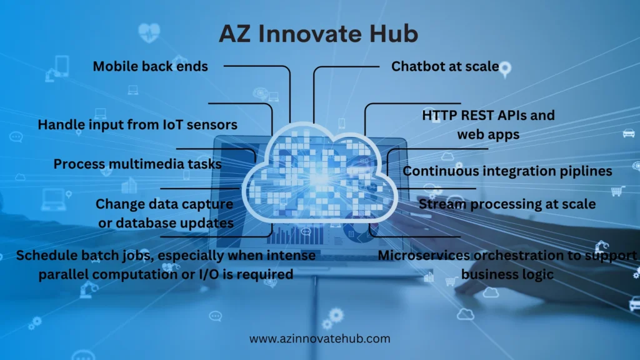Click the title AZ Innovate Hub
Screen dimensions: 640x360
coord(318,34)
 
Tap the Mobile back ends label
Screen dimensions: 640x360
coord(150,66)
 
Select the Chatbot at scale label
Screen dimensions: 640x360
coord(445,66)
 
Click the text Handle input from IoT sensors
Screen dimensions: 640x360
coord(137,124)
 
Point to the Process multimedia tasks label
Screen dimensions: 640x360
coord(137,164)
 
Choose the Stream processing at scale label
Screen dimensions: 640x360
coord(507,204)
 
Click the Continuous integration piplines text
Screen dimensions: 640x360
coord(507,171)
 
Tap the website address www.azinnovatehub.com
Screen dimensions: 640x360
coord(319,339)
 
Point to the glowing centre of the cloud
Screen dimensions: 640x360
coord(320,179)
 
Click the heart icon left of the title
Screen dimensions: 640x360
coord(149,32)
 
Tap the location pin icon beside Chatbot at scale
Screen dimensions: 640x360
coord(505,69)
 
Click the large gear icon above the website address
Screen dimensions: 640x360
coord(336,315)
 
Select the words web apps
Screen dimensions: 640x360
coord(488,135)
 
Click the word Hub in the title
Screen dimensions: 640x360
coord(394,34)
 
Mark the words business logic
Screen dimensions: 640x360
coord(507,274)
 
